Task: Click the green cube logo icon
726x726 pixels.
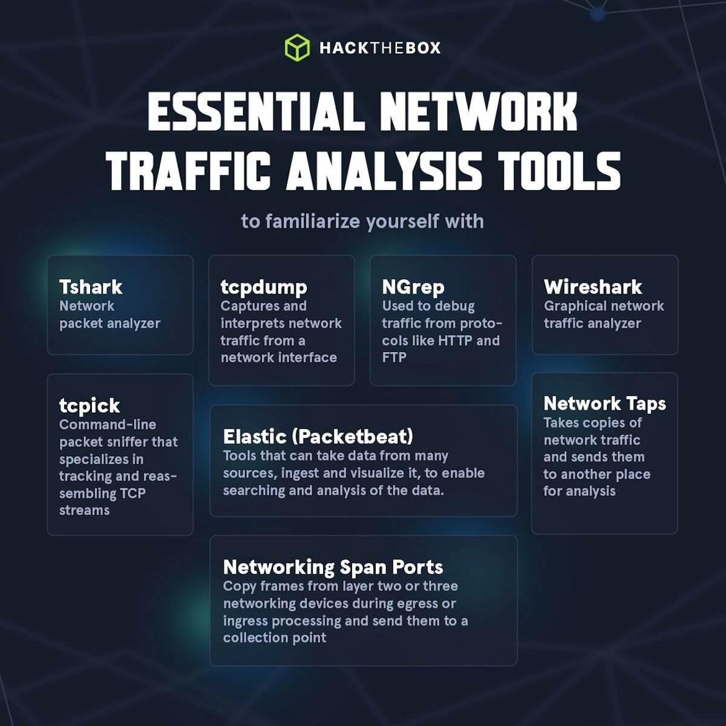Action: pyautogui.click(x=297, y=47)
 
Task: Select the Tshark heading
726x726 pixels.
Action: pyautogui.click(x=91, y=287)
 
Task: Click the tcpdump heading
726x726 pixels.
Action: pyautogui.click(x=264, y=287)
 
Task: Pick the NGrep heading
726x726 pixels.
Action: pyautogui.click(x=413, y=287)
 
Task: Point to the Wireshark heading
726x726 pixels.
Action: pyautogui.click(x=593, y=287)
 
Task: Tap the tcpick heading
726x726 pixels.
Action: pyautogui.click(x=90, y=405)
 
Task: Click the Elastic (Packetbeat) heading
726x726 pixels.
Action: pyautogui.click(x=318, y=436)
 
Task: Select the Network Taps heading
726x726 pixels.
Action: pyautogui.click(x=605, y=404)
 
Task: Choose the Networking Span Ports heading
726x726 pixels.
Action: pyautogui.click(x=333, y=567)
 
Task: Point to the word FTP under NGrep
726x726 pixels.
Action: pyautogui.click(x=394, y=358)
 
